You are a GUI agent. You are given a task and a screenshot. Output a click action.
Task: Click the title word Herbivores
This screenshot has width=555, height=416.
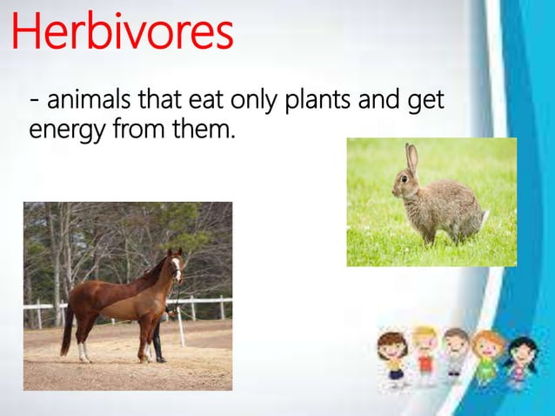(x=123, y=32)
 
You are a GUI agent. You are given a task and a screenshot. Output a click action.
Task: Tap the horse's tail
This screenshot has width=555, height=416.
(x=67, y=335)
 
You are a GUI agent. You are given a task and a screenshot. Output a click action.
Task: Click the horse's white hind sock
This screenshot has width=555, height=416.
(x=83, y=352)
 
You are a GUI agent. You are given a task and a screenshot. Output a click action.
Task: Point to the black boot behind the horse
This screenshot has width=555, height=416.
(x=160, y=350)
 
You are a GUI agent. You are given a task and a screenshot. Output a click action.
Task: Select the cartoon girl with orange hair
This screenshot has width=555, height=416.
(x=487, y=357)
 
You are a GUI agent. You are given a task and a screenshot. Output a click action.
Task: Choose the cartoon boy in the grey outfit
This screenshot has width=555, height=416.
(x=455, y=355)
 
